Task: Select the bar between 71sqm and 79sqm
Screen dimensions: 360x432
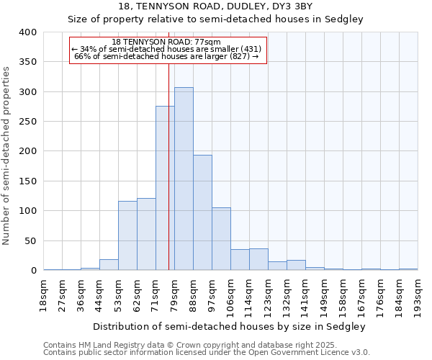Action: [x=165, y=188]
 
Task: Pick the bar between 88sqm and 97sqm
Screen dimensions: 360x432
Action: [x=202, y=212]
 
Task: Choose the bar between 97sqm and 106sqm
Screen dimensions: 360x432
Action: [x=221, y=238]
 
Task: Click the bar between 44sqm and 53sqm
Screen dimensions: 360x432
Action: [x=109, y=264]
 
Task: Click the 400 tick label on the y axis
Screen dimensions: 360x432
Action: [x=27, y=32]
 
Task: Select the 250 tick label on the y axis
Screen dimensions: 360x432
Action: [x=27, y=122]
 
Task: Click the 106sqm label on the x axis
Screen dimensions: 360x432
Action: [x=230, y=296]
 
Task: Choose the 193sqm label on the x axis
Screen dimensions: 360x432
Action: [x=418, y=296]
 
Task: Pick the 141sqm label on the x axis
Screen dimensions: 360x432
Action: [x=305, y=296]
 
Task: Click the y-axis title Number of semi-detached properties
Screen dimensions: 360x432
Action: [x=6, y=155]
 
